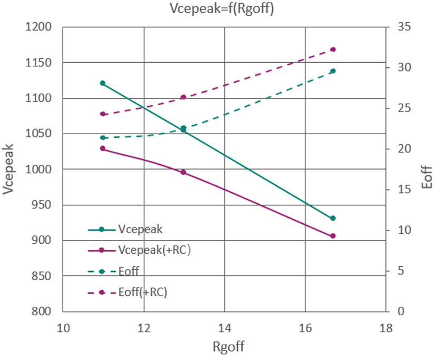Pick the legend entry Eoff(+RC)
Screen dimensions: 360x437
tap(143, 292)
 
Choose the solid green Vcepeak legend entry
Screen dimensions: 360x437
tap(140, 229)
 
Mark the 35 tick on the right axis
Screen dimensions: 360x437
tap(402, 27)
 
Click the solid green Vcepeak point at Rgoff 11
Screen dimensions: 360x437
tap(103, 83)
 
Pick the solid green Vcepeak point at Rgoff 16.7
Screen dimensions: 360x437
tap(333, 218)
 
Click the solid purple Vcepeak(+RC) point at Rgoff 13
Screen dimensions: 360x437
tap(183, 172)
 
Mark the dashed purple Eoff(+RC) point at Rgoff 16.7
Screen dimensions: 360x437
tap(333, 49)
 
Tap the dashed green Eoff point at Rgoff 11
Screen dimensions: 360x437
tap(103, 138)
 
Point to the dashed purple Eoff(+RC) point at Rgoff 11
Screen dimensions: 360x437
tap(103, 114)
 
